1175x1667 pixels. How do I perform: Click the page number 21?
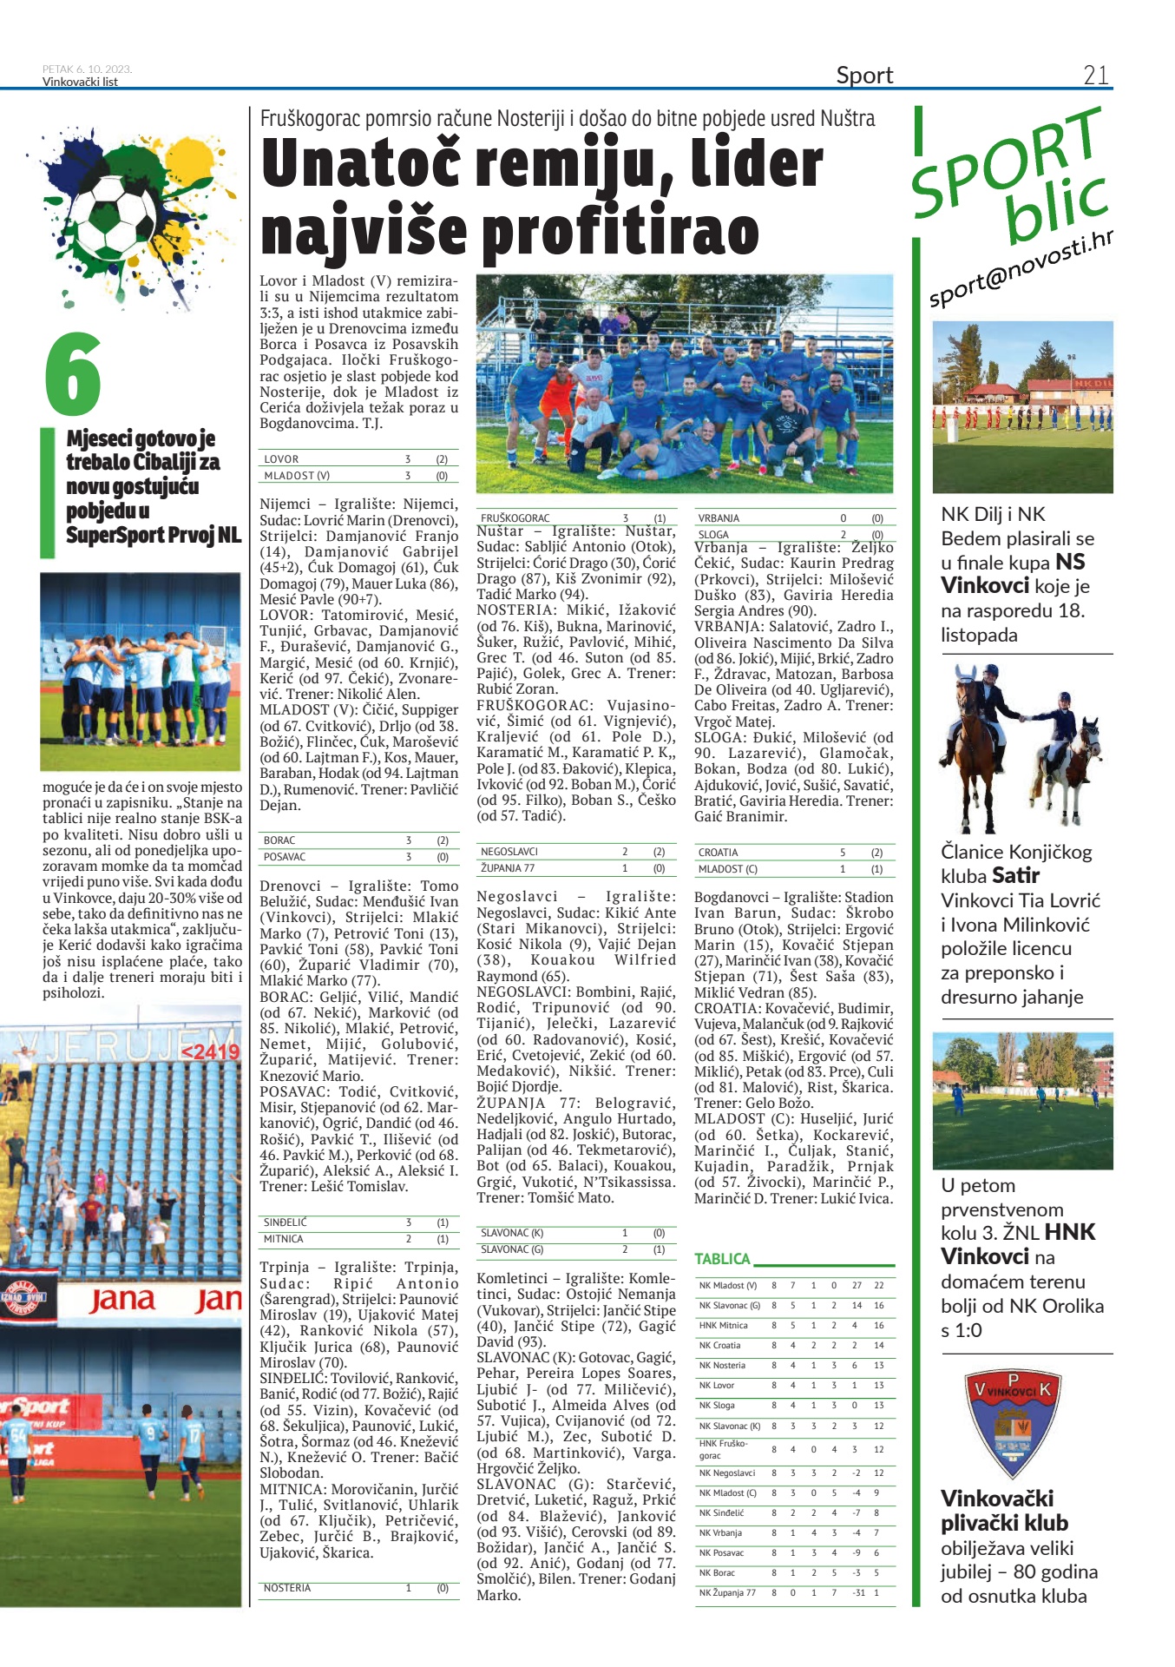click(1095, 76)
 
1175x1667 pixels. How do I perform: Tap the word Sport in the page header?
click(864, 76)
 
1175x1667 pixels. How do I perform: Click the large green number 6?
click(74, 374)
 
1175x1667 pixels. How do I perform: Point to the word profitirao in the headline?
click(620, 231)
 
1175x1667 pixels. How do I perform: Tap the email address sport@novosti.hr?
click(1021, 270)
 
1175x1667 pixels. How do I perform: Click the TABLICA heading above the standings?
click(722, 1259)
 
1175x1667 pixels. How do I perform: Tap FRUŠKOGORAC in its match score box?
click(515, 518)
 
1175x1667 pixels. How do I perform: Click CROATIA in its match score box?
click(718, 853)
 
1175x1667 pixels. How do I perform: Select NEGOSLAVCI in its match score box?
click(509, 852)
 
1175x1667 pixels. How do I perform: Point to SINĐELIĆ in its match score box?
click(285, 1222)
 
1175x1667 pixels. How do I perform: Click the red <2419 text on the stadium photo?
click(209, 1051)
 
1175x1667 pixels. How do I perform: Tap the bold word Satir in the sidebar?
click(1015, 875)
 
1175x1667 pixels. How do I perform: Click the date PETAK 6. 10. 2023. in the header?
click(87, 69)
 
